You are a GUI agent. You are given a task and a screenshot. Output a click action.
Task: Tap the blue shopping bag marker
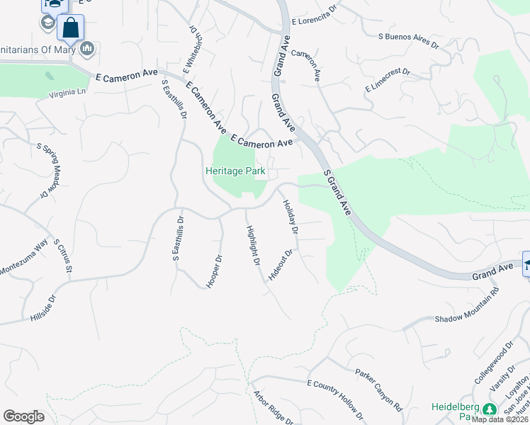[x=70, y=29]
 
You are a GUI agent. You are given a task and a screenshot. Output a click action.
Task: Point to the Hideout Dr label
[x=279, y=265]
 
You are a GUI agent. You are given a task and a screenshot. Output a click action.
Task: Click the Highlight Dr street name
[x=253, y=246]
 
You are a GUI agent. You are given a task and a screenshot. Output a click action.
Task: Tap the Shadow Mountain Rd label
[x=467, y=311]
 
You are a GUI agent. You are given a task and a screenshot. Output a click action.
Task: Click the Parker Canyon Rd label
[x=379, y=390]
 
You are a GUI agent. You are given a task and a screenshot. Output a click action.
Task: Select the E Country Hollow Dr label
[x=334, y=399]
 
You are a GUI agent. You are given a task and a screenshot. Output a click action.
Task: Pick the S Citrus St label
[x=63, y=256]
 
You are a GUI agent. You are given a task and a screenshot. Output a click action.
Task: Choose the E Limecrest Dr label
[x=388, y=79]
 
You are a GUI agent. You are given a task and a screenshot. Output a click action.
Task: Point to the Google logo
[x=23, y=416]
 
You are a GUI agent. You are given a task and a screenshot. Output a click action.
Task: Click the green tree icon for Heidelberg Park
[x=489, y=409]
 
